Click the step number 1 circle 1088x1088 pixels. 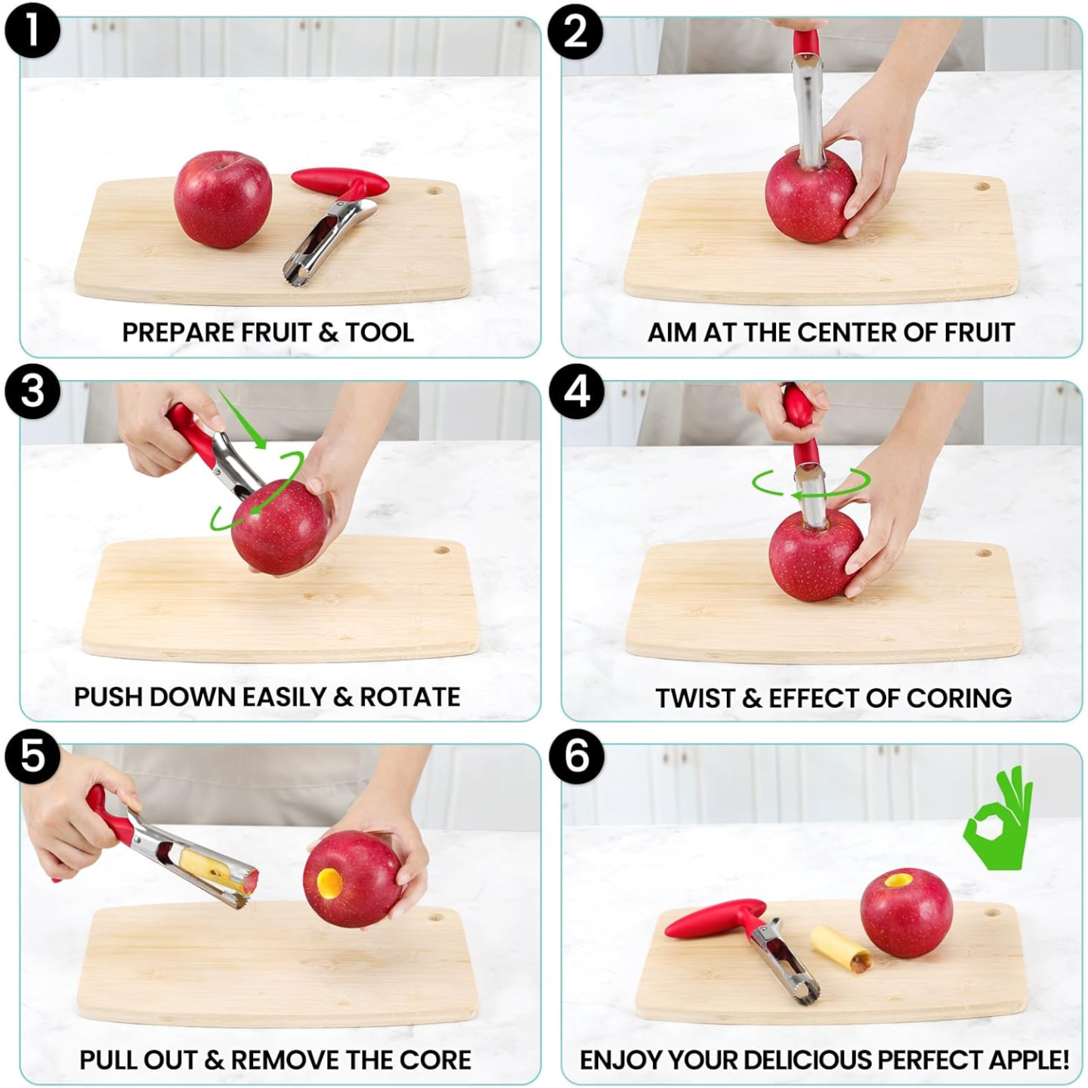[x=32, y=31]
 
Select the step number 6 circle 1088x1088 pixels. [x=576, y=756]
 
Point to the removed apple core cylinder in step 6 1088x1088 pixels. [x=840, y=948]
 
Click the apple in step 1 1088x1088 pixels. [x=223, y=199]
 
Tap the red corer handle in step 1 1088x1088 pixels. [x=341, y=181]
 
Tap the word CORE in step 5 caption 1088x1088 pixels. [x=435, y=1060]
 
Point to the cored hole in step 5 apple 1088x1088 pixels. [x=329, y=880]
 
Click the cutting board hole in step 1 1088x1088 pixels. [x=434, y=190]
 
